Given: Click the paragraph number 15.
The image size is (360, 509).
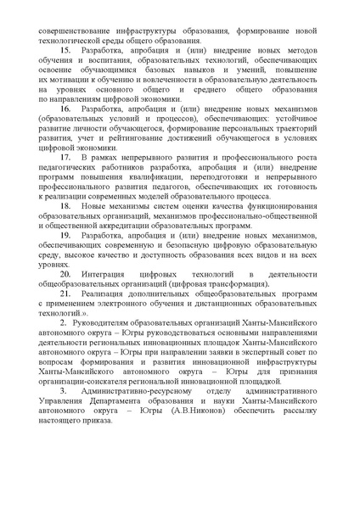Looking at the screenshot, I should click(x=65, y=52).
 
